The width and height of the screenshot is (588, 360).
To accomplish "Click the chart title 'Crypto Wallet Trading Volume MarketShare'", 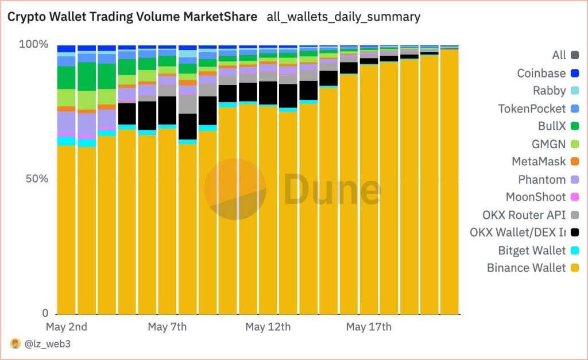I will pyautogui.click(x=131, y=17).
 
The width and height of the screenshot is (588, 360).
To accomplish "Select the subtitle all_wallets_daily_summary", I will pyautogui.click(x=343, y=17).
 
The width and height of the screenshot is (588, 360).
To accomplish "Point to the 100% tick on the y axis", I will pyautogui.click(x=34, y=45).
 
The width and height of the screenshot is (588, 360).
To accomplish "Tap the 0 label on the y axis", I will pyautogui.click(x=45, y=313).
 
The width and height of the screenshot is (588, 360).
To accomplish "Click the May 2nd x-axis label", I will pyautogui.click(x=66, y=327).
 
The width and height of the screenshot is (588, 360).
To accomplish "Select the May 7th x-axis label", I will pyautogui.click(x=167, y=327).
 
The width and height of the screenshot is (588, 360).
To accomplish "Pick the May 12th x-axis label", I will pyautogui.click(x=268, y=327).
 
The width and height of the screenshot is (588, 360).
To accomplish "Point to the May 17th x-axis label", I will pyautogui.click(x=369, y=327).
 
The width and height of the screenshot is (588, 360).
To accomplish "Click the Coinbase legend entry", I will pyautogui.click(x=541, y=73).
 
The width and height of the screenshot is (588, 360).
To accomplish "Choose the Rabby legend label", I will pyautogui.click(x=549, y=91).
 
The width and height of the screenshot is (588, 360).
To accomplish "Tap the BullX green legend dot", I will pyautogui.click(x=575, y=126).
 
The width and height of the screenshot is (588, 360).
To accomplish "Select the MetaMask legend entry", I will pyautogui.click(x=539, y=162).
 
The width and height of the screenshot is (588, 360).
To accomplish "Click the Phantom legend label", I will pyautogui.click(x=541, y=180).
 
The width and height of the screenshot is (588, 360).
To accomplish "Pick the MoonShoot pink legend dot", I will pyautogui.click(x=575, y=198).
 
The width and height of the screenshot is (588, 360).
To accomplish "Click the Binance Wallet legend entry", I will pyautogui.click(x=526, y=268).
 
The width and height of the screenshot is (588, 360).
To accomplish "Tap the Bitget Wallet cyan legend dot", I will pyautogui.click(x=575, y=250).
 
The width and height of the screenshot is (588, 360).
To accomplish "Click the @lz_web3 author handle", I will pyautogui.click(x=48, y=344).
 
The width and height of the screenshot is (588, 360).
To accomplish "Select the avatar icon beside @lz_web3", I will pyautogui.click(x=15, y=344).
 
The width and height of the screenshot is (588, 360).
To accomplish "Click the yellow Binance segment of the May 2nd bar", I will pyautogui.click(x=67, y=230).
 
